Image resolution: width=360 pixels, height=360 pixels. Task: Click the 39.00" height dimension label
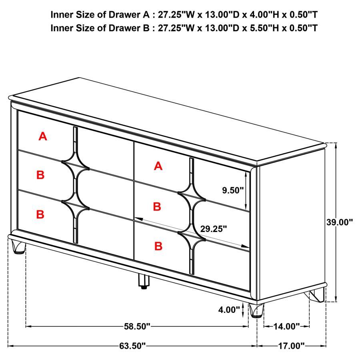pyautogui.click(x=340, y=222)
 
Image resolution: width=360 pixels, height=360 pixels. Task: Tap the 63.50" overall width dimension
pyautogui.click(x=132, y=346)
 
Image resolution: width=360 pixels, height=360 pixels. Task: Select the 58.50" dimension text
pyautogui.click(x=137, y=326)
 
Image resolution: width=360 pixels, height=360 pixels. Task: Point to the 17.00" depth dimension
pyautogui.click(x=292, y=346)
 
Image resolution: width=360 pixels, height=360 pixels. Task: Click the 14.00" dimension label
pyautogui.click(x=286, y=326)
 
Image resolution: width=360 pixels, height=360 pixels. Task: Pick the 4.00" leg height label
pyautogui.click(x=229, y=309)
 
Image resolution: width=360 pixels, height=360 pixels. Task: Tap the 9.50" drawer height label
pyautogui.click(x=233, y=190)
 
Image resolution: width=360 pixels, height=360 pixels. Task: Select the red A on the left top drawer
pyautogui.click(x=43, y=136)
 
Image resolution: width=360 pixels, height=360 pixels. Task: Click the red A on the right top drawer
pyautogui.click(x=158, y=166)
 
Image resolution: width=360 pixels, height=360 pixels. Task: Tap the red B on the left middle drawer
pyautogui.click(x=40, y=175)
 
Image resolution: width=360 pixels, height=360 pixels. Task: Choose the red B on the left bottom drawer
pyautogui.click(x=40, y=214)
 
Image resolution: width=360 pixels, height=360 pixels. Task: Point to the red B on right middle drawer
pyautogui.click(x=157, y=207)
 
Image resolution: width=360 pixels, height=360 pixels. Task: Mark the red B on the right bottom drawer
pyautogui.click(x=158, y=246)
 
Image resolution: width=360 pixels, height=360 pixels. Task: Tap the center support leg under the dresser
pyautogui.click(x=143, y=281)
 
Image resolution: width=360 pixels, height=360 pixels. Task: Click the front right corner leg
pyautogui.click(x=257, y=310)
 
